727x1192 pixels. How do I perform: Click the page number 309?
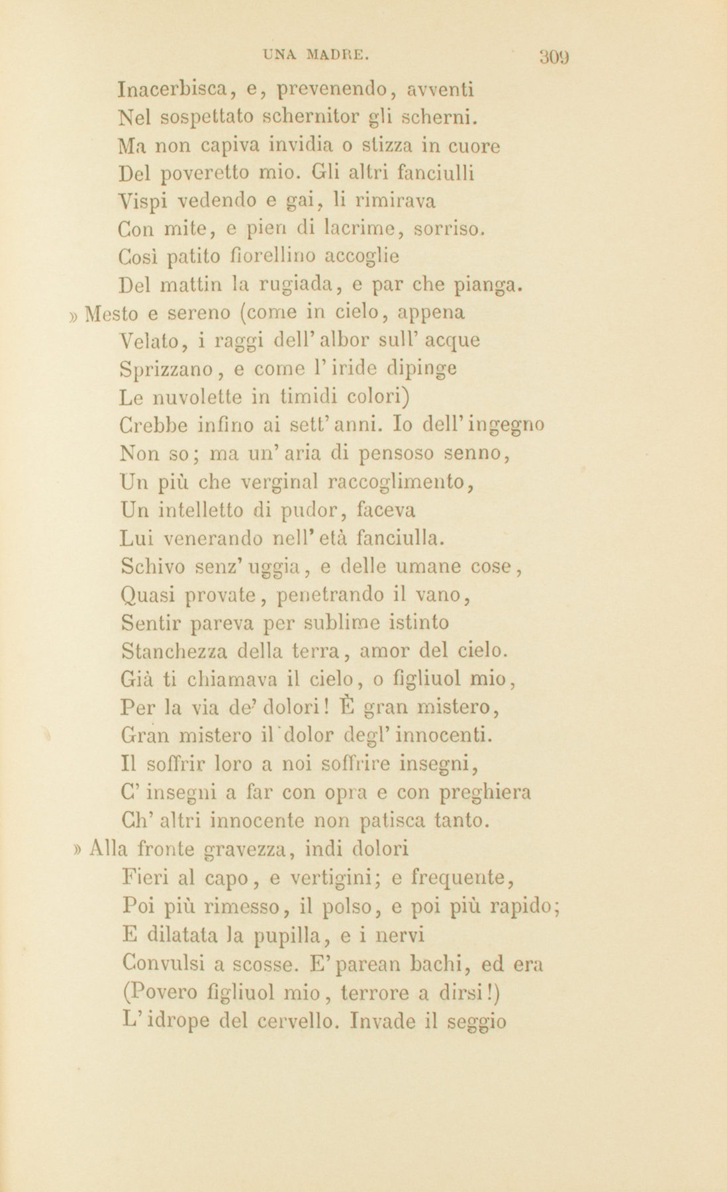tap(554, 56)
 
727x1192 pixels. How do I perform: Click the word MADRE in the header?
tap(336, 55)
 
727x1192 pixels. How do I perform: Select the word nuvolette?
tap(195, 397)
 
